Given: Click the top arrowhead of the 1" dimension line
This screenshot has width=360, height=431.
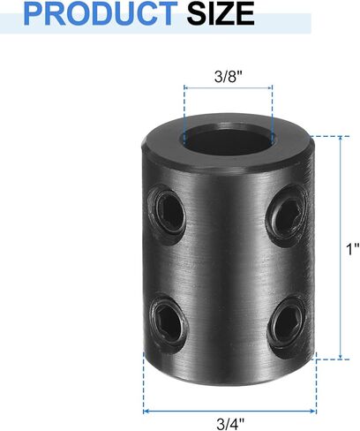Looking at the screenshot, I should click(340, 140).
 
